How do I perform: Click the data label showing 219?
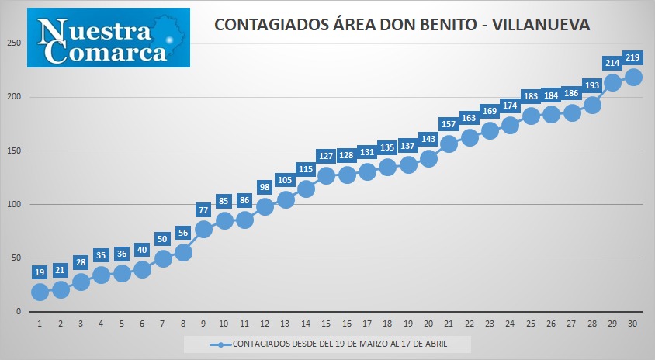(x=632, y=57)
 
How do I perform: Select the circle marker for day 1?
(x=40, y=292)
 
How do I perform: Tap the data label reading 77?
(x=203, y=210)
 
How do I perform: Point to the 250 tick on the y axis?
(x=14, y=43)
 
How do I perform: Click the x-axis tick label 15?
(x=326, y=324)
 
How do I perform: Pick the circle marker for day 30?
(x=633, y=78)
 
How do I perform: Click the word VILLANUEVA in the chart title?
(x=541, y=25)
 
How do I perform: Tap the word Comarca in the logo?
(x=106, y=52)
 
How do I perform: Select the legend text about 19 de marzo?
(x=340, y=344)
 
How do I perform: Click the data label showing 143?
(x=428, y=139)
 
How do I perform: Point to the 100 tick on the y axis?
(x=14, y=204)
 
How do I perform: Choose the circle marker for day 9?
(x=203, y=230)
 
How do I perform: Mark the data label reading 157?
(x=449, y=124)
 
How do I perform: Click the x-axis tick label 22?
(x=469, y=324)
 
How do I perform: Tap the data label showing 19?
(x=40, y=272)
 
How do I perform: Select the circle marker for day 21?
(x=449, y=144)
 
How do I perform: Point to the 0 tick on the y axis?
(x=19, y=312)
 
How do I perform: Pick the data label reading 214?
(x=612, y=63)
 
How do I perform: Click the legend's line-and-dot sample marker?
(x=220, y=344)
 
